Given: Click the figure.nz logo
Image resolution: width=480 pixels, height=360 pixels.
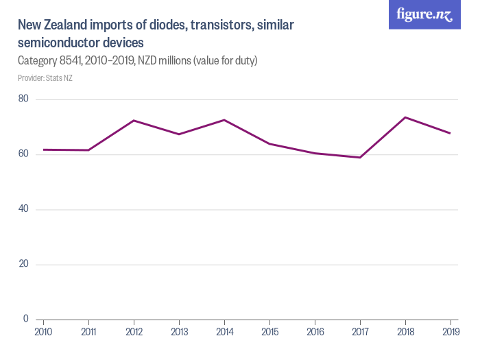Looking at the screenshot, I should coord(424,14).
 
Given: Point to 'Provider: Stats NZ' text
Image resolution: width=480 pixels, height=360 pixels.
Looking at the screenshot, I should coord(45,77).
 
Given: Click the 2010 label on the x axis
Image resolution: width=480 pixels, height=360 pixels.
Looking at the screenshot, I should coord(43,332).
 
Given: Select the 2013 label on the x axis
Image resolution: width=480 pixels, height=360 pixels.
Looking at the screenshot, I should coord(179,332).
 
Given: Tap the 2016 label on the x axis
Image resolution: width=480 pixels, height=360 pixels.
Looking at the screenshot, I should coord(315,332).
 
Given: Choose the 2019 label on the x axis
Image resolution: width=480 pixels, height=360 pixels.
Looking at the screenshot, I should coord(450,332).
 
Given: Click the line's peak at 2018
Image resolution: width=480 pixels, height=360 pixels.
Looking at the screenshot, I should coord(405,117).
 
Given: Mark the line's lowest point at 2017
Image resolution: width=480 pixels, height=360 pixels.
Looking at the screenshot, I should coord(360,158).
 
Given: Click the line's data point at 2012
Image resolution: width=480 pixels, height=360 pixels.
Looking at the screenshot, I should coord(134,120).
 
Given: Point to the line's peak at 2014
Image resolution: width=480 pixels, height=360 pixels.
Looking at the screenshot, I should coord(224,120).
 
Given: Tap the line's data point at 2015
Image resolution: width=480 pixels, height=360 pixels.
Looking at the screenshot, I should coord(269,144).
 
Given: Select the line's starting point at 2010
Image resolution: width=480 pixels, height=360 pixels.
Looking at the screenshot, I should coord(43,149).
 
